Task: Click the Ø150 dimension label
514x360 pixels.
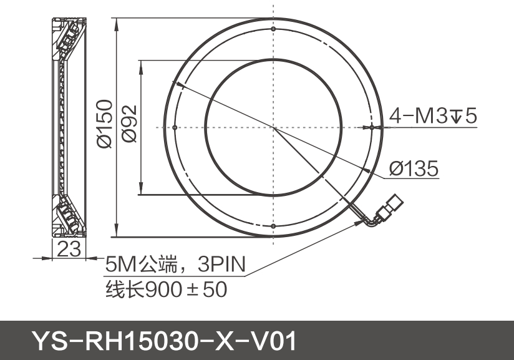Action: (x=104, y=124)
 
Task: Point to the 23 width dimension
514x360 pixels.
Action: (x=69, y=250)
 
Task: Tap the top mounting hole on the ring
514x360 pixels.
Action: (x=273, y=29)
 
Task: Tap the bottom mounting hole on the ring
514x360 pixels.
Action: (x=273, y=226)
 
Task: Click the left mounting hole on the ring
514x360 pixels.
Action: (x=175, y=127)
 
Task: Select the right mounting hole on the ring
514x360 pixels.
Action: (x=371, y=127)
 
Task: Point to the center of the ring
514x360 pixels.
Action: (x=273, y=127)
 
